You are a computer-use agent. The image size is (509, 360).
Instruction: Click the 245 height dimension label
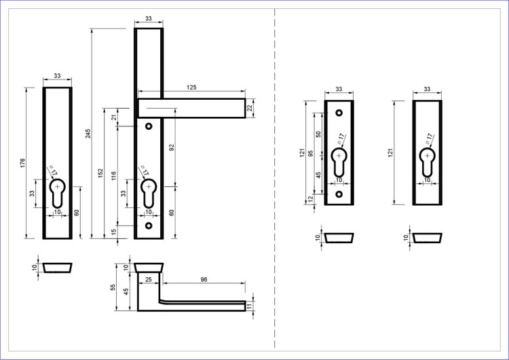click(88, 134)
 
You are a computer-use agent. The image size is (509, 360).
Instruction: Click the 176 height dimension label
click(22, 163)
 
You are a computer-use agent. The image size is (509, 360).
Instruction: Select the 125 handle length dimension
click(191, 88)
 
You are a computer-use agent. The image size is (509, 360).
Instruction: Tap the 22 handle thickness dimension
click(250, 108)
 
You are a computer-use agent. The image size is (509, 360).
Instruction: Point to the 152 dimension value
click(100, 173)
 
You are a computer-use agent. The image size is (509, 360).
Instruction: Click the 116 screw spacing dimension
click(113, 176)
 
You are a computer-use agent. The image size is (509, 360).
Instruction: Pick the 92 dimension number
click(172, 147)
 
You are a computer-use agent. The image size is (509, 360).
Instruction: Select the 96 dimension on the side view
click(204, 279)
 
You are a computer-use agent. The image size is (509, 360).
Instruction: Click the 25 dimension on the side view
click(149, 279)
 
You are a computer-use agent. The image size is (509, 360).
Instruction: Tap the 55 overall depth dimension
click(113, 287)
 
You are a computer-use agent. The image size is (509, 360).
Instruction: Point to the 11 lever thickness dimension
click(249, 306)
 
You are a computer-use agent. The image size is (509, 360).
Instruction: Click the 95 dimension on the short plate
click(311, 153)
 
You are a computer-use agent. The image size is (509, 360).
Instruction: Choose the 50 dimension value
click(318, 134)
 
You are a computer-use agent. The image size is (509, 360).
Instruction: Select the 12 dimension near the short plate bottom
click(311, 198)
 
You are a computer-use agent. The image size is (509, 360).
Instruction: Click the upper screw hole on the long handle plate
click(149, 126)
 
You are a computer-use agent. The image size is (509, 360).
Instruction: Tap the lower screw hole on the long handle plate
click(149, 226)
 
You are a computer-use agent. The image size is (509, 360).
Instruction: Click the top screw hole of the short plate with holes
click(339, 113)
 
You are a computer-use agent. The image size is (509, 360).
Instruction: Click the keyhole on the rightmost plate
click(427, 162)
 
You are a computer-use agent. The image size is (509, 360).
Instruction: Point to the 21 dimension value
click(114, 117)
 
